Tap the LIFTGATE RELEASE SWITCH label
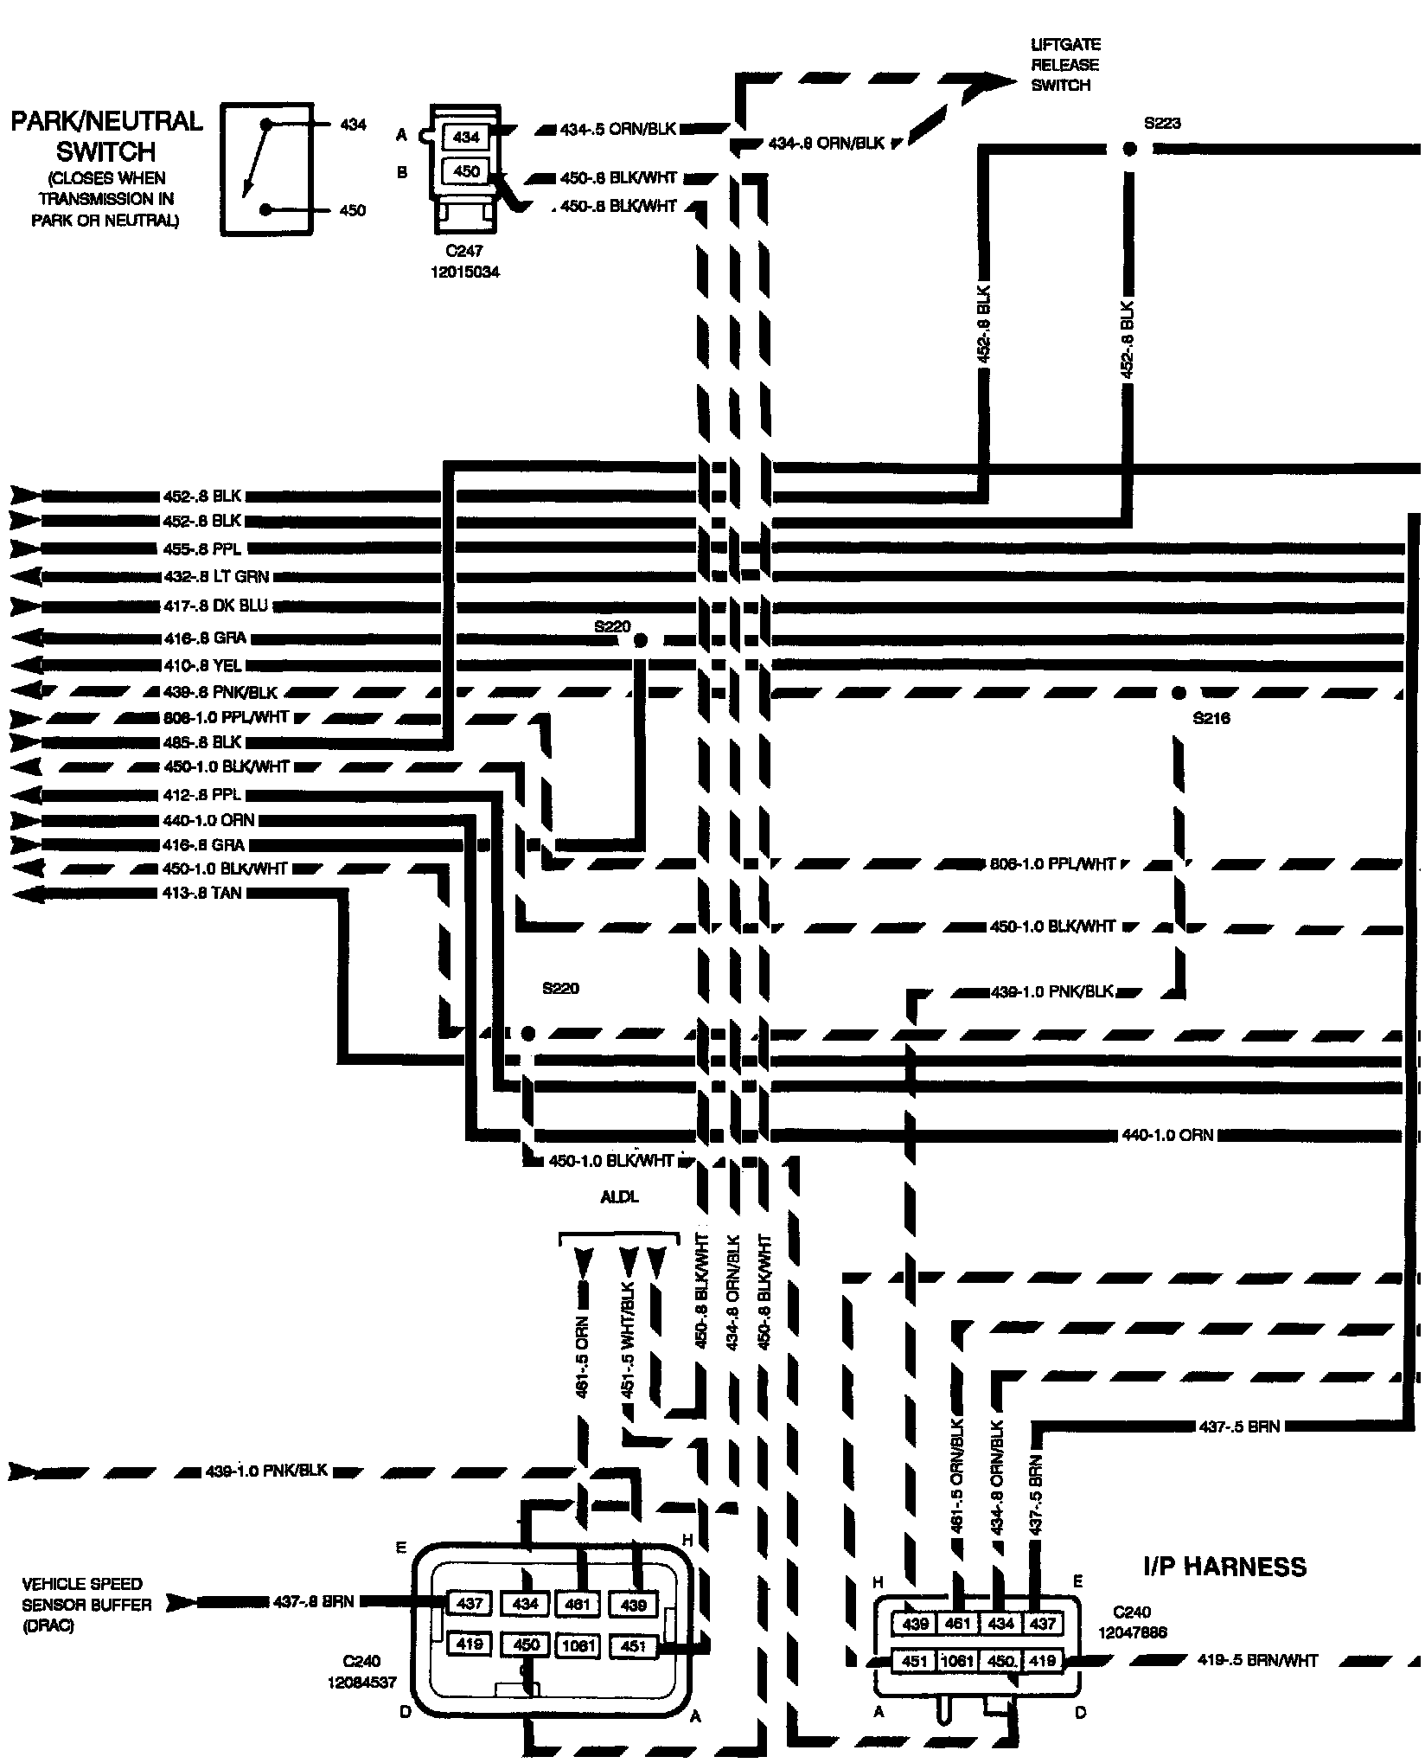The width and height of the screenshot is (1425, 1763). click(1064, 65)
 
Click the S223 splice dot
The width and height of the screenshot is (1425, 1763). click(1129, 149)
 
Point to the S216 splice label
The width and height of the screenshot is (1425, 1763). click(1211, 718)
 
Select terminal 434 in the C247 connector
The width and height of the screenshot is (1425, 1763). click(465, 137)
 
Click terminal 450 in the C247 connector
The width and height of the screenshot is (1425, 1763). click(465, 171)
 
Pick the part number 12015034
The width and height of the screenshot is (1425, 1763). click(466, 272)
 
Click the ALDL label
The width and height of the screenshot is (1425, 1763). click(620, 1198)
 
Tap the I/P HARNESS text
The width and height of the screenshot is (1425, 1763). click(1224, 1567)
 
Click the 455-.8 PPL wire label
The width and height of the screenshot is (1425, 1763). click(202, 549)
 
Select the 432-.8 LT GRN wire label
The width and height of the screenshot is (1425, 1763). click(216, 577)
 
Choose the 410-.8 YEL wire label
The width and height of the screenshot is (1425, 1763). click(203, 665)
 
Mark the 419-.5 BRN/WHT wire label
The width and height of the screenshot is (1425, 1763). click(1257, 1660)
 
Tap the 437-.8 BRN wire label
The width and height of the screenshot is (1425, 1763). click(311, 1601)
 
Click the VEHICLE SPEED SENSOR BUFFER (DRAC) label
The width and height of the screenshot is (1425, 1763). click(86, 1605)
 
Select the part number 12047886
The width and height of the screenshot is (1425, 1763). click(1133, 1632)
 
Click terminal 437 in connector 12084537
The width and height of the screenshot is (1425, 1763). click(470, 1603)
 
